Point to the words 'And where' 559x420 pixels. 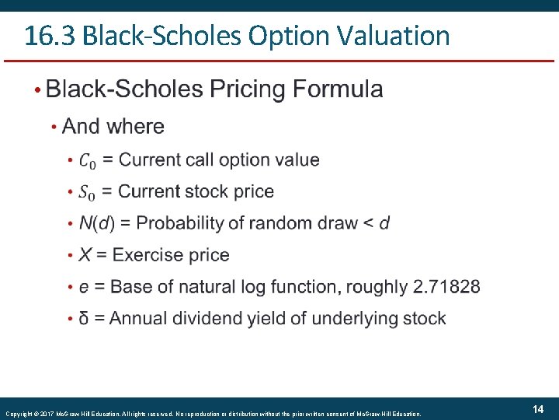click(113, 126)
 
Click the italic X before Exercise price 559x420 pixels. click(85, 255)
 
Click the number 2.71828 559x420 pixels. click(446, 287)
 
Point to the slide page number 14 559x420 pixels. click(537, 409)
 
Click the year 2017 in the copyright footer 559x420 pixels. click(47, 414)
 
